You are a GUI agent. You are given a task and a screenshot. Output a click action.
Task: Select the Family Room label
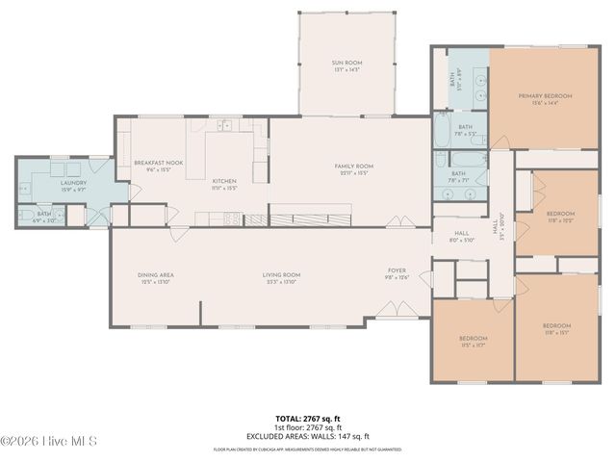coord(353,169)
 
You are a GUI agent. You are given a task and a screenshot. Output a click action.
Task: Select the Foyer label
coord(398,273)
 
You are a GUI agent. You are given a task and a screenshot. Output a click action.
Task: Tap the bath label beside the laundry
coord(44,217)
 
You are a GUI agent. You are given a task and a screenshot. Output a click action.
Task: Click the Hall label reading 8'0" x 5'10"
coord(462,236)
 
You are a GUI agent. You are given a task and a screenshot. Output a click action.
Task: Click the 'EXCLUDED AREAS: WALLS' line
coord(308,435)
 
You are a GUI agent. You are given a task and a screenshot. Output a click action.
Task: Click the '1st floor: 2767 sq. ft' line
coord(308,427)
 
